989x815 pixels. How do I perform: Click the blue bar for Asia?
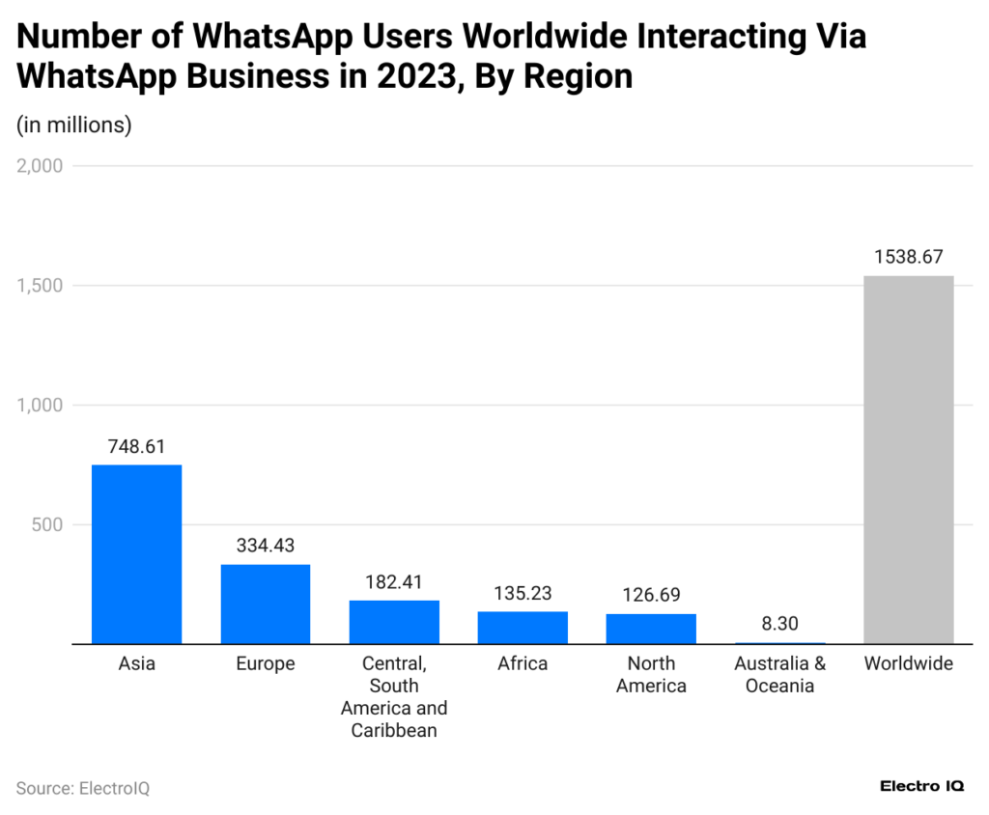coord(136,554)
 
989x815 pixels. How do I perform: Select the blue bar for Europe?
coord(266,604)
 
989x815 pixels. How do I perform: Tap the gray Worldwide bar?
coord(908,460)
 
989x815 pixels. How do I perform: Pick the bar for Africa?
coord(523,628)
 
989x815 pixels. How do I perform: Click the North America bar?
coord(651,629)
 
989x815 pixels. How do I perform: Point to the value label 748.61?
coord(136,447)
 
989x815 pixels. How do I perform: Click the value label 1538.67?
coord(908,257)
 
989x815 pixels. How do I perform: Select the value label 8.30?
coord(779,624)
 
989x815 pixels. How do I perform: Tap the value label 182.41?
coord(394,582)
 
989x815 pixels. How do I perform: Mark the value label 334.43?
coord(266,546)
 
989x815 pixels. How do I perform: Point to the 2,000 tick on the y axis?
coord(40,166)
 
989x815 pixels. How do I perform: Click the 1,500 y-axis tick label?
coord(40,286)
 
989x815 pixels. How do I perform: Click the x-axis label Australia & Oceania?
coord(779,675)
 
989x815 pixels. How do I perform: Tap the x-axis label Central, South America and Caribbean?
coord(394,697)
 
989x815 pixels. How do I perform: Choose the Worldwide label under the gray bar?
coord(908,664)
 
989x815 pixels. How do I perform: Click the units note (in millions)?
coord(74,125)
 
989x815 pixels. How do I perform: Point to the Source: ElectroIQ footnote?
coord(83,788)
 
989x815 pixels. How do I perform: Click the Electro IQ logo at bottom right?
coord(921,787)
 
